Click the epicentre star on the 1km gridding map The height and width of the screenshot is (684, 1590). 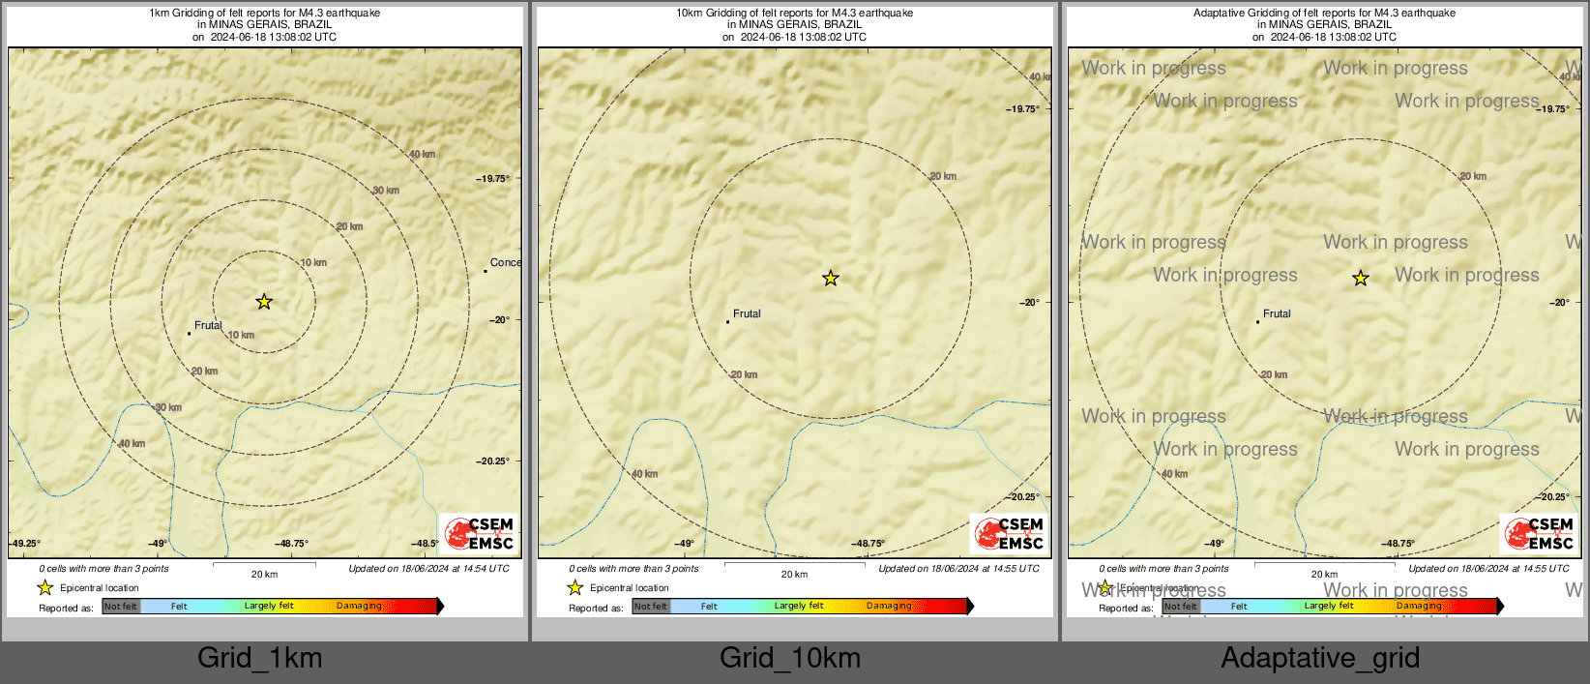click(x=264, y=302)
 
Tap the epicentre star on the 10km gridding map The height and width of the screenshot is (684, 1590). click(x=831, y=279)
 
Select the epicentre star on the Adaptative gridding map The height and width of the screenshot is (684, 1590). click(x=1361, y=279)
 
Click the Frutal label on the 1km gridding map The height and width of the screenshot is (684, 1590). click(x=208, y=326)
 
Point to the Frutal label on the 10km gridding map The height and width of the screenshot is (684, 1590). click(x=747, y=313)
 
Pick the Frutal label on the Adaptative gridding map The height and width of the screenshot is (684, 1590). click(x=1277, y=313)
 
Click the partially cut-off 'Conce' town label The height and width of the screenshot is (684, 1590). click(x=505, y=262)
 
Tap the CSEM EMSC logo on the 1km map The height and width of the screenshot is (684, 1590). click(x=480, y=533)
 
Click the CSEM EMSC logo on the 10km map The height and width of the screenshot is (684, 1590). click(x=1010, y=533)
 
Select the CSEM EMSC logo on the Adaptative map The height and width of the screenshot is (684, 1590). click(x=1540, y=533)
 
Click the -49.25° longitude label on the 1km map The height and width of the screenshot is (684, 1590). click(x=25, y=544)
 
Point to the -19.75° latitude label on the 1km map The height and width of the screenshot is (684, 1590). click(x=492, y=178)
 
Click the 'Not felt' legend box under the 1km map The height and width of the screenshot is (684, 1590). click(x=121, y=607)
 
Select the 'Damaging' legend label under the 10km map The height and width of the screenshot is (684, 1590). click(x=889, y=606)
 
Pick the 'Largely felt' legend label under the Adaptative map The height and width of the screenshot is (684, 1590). click(x=1329, y=606)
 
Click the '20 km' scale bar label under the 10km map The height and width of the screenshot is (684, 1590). click(x=794, y=575)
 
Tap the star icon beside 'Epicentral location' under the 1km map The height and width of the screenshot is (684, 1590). click(x=45, y=587)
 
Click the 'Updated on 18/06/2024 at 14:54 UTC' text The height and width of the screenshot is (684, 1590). click(x=428, y=569)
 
